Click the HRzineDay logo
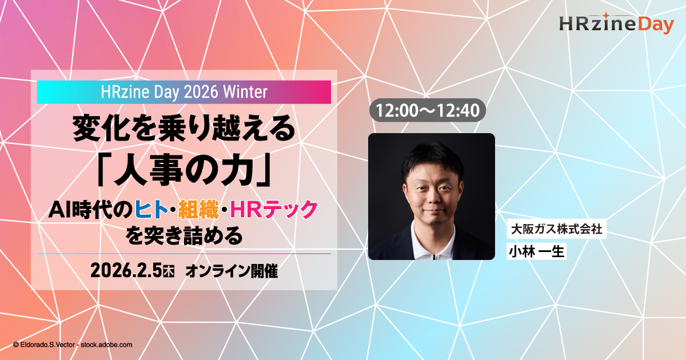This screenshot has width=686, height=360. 616,23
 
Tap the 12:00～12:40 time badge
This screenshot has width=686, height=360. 428,110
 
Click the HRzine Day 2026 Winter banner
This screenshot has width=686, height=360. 184,92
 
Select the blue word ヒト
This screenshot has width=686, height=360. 151,210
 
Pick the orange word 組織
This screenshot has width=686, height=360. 198,210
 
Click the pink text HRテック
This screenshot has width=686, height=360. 274,210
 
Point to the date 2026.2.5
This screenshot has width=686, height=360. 126,271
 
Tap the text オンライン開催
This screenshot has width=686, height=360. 232,271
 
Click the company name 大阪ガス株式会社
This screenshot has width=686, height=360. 556,229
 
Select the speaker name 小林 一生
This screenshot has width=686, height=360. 536,251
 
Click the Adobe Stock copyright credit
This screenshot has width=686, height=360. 73,345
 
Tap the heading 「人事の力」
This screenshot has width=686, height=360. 184,170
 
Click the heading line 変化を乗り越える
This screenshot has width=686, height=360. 184,129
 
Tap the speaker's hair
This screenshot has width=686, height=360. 432,159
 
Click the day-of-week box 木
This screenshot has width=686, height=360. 169,272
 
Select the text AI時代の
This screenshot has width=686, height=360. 90,210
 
